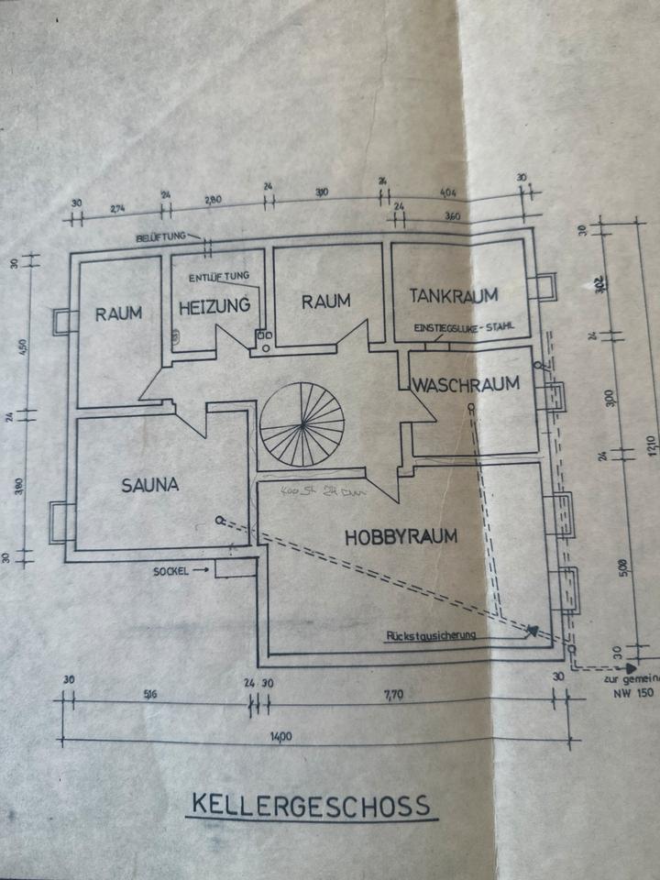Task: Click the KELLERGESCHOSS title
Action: click(x=310, y=805)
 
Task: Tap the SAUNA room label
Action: click(x=150, y=485)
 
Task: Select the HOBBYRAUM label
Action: click(x=401, y=537)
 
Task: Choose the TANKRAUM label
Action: click(x=453, y=295)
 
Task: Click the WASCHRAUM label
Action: click(x=466, y=383)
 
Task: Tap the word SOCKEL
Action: click(x=171, y=570)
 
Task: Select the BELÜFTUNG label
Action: click(x=160, y=236)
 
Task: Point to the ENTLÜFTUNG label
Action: click(x=217, y=276)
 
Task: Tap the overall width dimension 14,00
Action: click(x=280, y=735)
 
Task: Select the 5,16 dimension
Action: click(x=150, y=695)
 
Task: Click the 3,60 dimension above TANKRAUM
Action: click(x=450, y=217)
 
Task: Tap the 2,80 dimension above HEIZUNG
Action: click(x=214, y=198)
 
